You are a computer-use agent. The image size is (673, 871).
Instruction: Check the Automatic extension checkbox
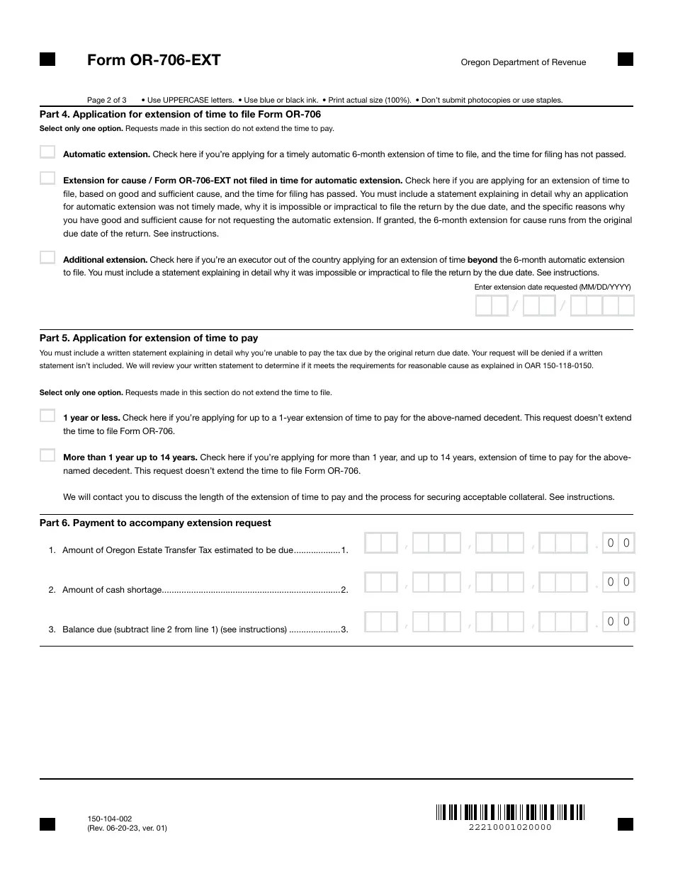47,152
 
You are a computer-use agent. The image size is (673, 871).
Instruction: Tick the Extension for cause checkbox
47,178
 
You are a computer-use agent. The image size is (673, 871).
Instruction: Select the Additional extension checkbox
47,258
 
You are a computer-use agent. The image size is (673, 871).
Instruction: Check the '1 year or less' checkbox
47,416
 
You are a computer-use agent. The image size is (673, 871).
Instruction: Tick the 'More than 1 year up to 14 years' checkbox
47,455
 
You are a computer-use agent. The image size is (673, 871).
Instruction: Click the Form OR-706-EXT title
154,60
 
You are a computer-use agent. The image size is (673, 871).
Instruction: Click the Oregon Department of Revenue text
524,62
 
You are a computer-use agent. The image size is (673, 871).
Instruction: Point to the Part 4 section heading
180,114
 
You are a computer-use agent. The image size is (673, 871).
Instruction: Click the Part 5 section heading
149,338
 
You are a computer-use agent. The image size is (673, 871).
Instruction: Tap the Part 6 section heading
155,523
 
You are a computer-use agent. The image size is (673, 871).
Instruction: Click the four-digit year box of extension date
601,306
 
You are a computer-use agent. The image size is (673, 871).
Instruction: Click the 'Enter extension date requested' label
552,287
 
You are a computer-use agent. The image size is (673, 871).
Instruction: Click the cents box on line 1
618,544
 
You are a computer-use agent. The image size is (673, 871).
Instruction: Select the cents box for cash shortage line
618,583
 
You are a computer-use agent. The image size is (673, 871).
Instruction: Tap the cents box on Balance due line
618,622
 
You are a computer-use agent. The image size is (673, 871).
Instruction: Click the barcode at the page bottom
510,812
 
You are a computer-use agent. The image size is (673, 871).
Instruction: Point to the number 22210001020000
510,827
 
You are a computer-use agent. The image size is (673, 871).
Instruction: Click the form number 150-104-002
109,819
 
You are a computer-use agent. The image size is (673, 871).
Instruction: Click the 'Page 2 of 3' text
107,100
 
